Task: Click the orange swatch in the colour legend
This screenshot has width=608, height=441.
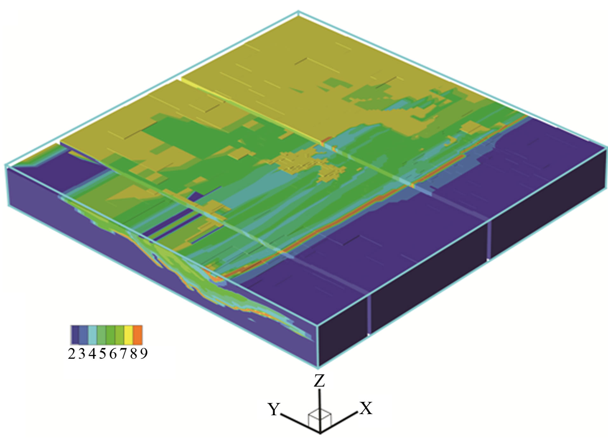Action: [x=138, y=335]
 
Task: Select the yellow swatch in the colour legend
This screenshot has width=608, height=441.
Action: [x=129, y=335]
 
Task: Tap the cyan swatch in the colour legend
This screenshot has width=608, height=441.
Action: [x=93, y=335]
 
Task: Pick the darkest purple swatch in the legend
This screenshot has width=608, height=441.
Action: [x=75, y=335]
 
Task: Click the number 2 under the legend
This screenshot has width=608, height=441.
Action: [x=72, y=354]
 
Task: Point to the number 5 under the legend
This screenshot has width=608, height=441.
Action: [x=102, y=354]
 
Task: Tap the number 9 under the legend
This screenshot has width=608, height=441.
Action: [x=144, y=354]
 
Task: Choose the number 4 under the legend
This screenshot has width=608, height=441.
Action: [x=92, y=354]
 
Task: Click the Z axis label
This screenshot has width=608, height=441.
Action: [x=319, y=381]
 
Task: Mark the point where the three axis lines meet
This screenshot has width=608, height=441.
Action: [x=320, y=432]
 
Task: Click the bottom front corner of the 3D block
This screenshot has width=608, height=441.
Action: [x=319, y=368]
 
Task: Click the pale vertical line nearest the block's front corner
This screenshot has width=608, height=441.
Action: [x=369, y=315]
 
